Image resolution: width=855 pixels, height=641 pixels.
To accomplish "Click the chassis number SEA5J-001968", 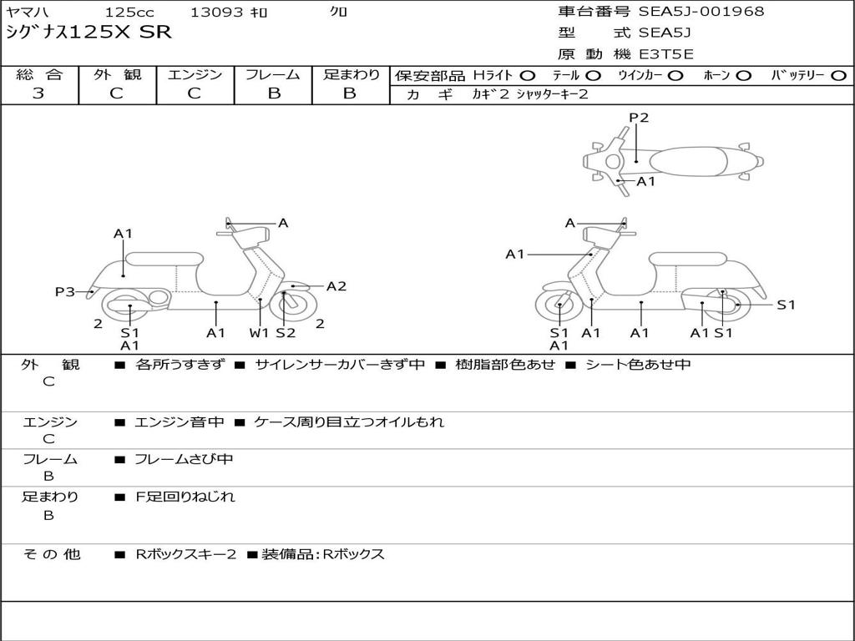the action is [701, 12].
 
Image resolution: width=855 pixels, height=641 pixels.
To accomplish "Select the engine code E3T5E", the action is [665, 54].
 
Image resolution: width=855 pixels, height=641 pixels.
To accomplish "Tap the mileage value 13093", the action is [216, 13].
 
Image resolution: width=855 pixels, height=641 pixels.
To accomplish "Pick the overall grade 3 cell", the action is [38, 93].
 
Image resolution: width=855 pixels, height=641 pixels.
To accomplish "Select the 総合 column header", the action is [39, 75].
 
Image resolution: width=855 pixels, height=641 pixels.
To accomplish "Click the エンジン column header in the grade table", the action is [195, 75].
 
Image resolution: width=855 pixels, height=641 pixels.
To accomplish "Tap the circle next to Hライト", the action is [527, 76].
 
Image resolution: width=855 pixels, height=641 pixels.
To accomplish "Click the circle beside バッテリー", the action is [839, 76].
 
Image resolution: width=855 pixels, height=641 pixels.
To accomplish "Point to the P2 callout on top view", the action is [639, 118].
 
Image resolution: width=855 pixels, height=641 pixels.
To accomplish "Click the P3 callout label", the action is [64, 291].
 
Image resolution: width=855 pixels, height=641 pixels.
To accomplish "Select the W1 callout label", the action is [260, 333].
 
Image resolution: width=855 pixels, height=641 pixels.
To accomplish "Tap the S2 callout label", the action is [286, 333].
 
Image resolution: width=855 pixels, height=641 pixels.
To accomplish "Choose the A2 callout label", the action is [336, 286].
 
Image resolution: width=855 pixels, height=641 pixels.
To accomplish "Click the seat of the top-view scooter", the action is [693, 160].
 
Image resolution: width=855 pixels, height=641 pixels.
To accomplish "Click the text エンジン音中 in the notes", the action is [179, 422].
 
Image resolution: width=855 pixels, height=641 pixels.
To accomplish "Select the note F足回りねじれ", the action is [185, 497].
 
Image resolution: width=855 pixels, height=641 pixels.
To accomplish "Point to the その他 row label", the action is [51, 554].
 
